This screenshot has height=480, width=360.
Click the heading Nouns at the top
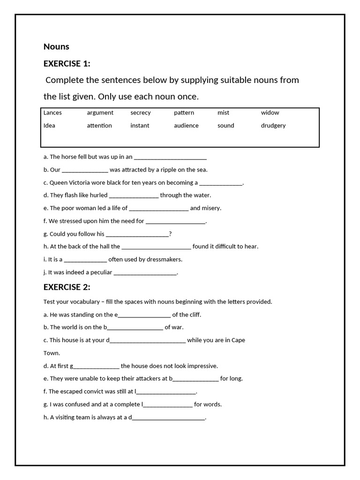tap(56, 46)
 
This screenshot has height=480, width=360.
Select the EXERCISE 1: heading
tap(67, 64)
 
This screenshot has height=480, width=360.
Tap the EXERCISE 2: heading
tap(67, 287)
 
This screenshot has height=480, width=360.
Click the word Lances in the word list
tap(52, 112)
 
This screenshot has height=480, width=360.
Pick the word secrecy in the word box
tap(141, 112)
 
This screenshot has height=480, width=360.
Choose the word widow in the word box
tap(270, 112)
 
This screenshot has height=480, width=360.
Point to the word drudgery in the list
tap(273, 126)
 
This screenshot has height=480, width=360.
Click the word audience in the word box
tap(186, 126)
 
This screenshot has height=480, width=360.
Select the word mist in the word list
tap(224, 112)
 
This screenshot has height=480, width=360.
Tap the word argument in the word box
tap(100, 112)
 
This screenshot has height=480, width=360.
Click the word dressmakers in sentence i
tap(165, 259)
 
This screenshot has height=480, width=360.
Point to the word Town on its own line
tap(52, 353)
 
